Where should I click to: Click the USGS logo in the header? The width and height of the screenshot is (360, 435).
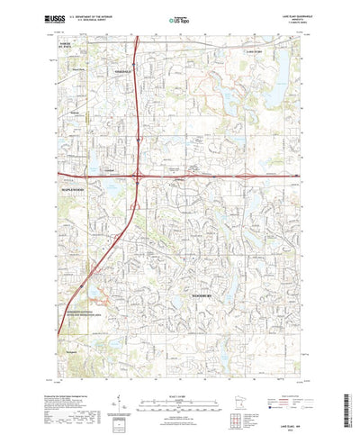(x=49, y=15)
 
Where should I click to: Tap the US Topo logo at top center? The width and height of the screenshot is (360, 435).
(x=178, y=16)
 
